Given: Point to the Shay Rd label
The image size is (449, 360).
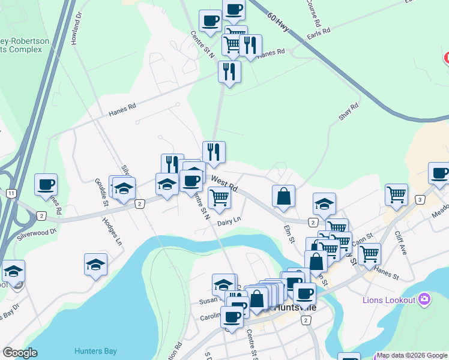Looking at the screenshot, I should (x=348, y=112).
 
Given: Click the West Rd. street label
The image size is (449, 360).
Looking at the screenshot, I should (x=225, y=184).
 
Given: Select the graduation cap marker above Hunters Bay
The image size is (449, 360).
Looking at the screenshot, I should (x=95, y=265).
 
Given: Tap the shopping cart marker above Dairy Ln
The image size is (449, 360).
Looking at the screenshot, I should (x=219, y=197).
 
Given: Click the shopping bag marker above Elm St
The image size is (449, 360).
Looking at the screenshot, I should (x=283, y=196).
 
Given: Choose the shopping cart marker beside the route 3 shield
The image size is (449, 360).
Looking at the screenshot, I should (x=396, y=194).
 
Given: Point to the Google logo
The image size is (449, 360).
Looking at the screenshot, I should (x=20, y=352).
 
